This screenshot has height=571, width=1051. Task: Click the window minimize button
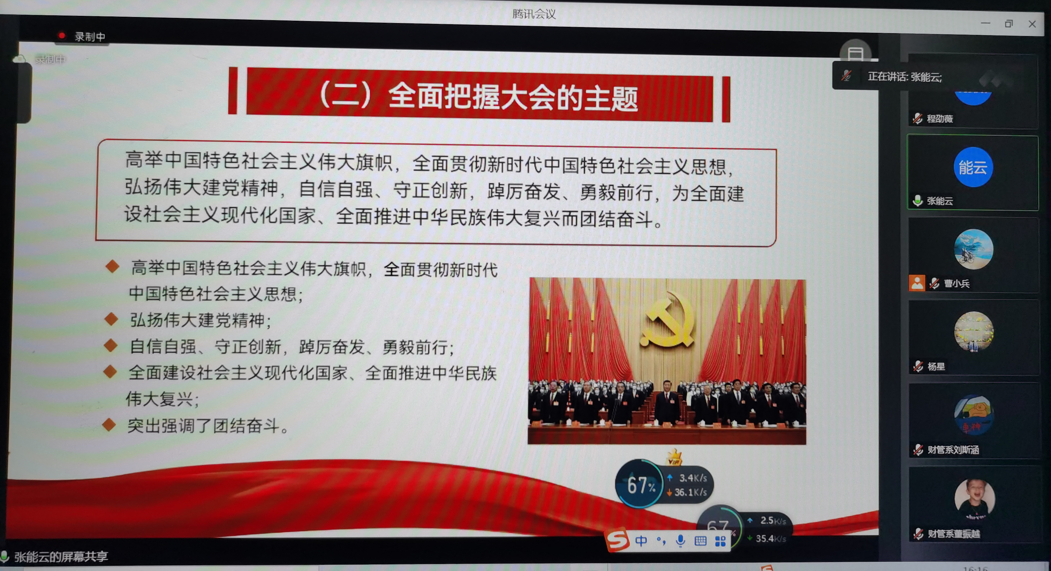(985, 23)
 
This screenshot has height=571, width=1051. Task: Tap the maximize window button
(1009, 24)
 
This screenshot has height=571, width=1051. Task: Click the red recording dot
(62, 35)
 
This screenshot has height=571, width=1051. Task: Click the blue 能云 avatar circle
(973, 167)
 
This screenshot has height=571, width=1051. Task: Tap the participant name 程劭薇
(940, 119)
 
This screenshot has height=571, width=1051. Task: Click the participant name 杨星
(936, 366)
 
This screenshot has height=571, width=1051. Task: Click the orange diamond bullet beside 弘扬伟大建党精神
(111, 319)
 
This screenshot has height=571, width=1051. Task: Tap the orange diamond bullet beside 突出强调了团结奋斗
(109, 425)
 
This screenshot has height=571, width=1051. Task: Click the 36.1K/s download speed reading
(690, 492)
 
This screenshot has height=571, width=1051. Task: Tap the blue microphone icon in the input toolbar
(680, 541)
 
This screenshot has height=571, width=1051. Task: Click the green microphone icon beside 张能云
(917, 201)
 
